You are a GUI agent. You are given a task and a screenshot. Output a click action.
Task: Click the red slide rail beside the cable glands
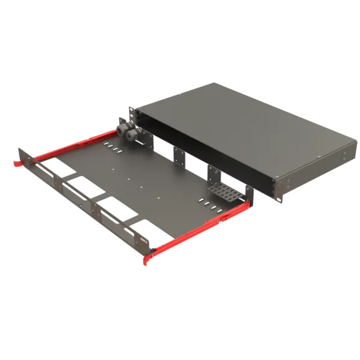(72, 147)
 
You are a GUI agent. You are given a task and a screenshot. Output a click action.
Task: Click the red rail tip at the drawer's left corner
(13, 162)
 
